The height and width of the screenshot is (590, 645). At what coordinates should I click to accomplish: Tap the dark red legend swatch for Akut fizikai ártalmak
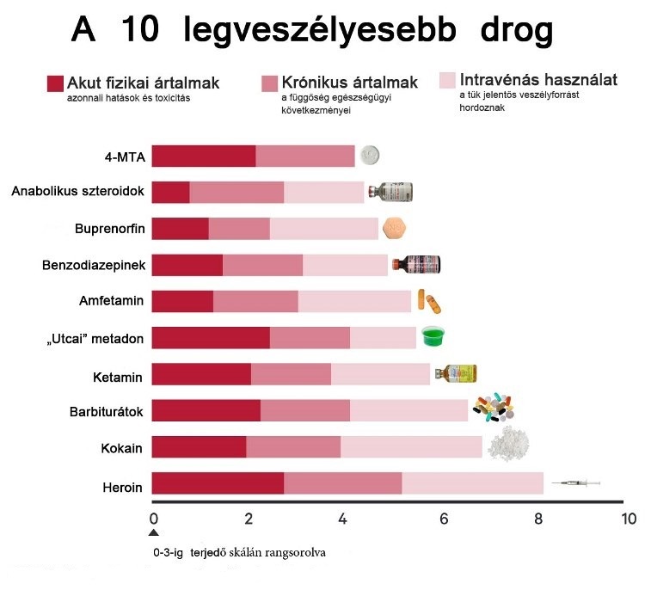coord(55,83)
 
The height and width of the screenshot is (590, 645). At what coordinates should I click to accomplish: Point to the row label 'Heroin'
coord(121,488)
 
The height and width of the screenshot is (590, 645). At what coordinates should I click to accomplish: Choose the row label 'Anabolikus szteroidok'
coord(77,191)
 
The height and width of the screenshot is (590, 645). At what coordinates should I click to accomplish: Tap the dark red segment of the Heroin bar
coord(218,484)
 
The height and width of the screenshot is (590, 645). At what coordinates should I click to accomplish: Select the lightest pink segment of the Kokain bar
coord(411,447)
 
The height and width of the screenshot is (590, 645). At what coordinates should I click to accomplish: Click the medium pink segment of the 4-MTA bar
coord(305,156)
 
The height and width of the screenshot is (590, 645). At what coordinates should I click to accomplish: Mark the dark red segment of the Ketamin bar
coord(201,374)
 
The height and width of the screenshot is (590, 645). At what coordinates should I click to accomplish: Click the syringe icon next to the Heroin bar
coord(574,485)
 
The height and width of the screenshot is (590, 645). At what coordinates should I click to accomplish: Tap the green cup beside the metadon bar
coord(436,335)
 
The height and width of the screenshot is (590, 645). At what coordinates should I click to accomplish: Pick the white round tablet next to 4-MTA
coord(370,156)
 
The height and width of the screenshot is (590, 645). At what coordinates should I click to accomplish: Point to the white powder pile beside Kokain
coord(507,444)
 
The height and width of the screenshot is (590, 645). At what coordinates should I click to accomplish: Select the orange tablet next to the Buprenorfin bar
coord(394,228)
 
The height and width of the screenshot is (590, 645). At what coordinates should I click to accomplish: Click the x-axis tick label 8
coord(538,519)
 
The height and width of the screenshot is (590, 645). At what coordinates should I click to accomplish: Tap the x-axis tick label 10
coord(629,519)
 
